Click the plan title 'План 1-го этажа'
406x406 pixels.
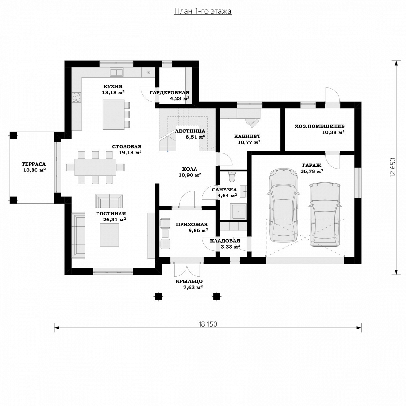pyautogui.click(x=203, y=11)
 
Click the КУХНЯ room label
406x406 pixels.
pyautogui.click(x=113, y=87)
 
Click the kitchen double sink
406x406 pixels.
pyautogui.click(x=116, y=72)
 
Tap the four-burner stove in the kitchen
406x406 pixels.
pyautogui.click(x=77, y=98)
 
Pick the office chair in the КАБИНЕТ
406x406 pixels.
pyautogui.click(x=253, y=122)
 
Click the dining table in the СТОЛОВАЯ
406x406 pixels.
pyautogui.click(x=95, y=167)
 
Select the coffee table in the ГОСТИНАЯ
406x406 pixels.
pyautogui.click(x=110, y=235)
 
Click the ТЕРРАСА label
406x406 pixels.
pyautogui.click(x=34, y=164)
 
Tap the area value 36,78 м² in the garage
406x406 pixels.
pyautogui.click(x=312, y=171)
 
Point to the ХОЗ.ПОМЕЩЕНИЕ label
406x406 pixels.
pyautogui.click(x=319, y=126)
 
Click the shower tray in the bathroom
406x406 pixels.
pyautogui.click(x=239, y=211)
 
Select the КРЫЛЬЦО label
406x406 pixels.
pyautogui.click(x=189, y=281)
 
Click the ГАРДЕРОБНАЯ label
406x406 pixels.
pyautogui.click(x=169, y=92)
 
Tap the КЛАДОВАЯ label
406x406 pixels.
pyautogui.click(x=225, y=241)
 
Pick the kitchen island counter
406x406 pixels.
pyautogui.click(x=113, y=114)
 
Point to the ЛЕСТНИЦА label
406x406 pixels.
pyautogui.click(x=190, y=131)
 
